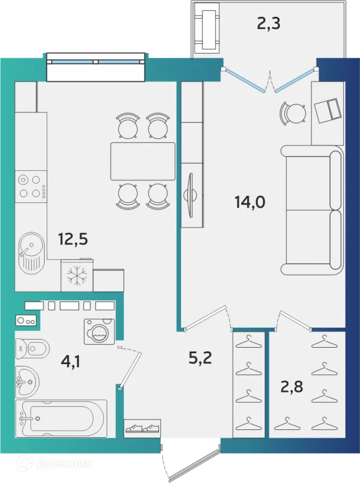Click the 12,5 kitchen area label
point(73,239)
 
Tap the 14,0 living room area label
point(249,202)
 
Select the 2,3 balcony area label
point(268,24)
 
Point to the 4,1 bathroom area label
point(71,361)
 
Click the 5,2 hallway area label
point(200,357)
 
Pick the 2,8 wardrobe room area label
point(292,386)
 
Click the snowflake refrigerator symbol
point(77,275)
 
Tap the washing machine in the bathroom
point(99,331)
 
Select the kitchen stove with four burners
point(31,187)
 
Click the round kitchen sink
point(31,251)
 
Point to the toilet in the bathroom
point(33,349)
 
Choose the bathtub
point(62,418)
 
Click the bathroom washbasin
point(27,382)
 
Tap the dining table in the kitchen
point(143,161)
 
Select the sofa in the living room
point(312,210)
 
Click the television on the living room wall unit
point(191,195)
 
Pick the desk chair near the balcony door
point(293,114)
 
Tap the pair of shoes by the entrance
point(143,428)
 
